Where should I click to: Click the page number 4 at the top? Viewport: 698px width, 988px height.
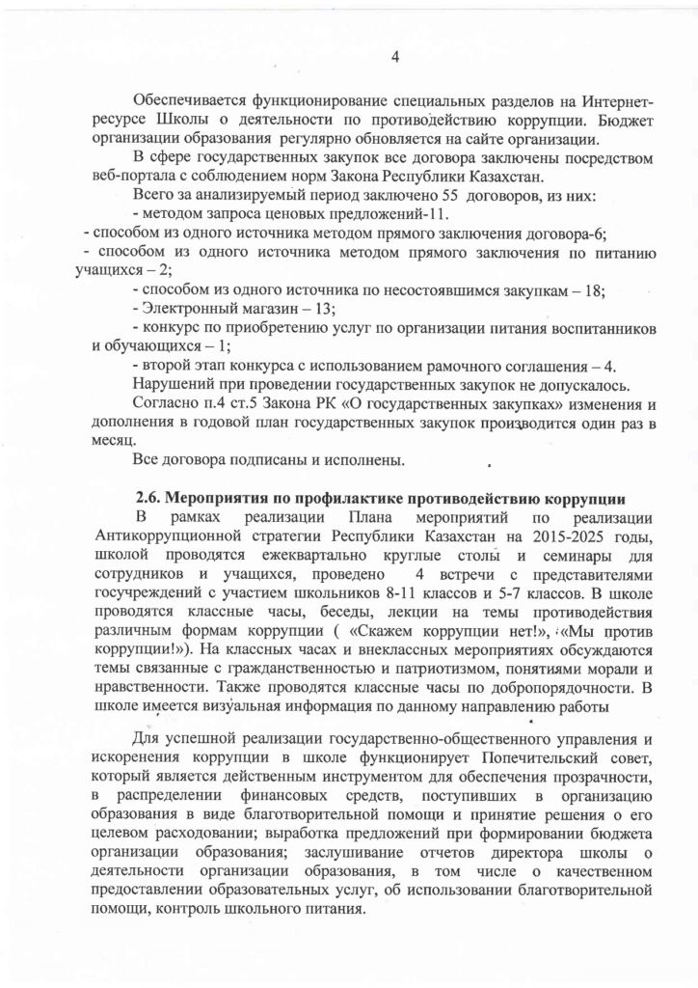coord(394,55)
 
